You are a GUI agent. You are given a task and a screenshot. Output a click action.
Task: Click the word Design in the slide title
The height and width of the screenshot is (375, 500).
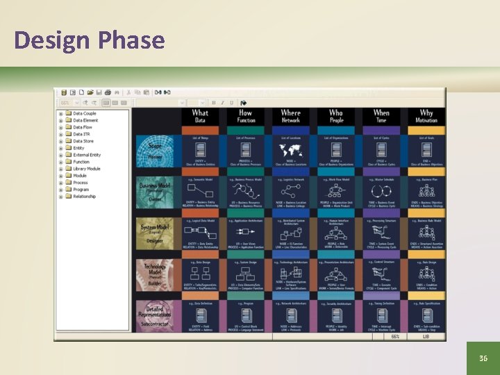[x=53, y=40]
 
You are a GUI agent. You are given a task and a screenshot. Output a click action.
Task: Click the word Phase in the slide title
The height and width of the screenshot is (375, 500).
[x=131, y=40]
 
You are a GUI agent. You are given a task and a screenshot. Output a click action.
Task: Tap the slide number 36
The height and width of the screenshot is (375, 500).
[x=483, y=358]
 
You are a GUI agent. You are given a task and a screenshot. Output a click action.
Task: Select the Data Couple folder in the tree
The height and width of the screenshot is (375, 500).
[x=85, y=113]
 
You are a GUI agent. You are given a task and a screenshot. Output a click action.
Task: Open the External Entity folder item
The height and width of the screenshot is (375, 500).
[x=87, y=155]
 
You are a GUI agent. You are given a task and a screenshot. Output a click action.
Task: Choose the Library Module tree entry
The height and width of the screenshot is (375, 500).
[x=87, y=169]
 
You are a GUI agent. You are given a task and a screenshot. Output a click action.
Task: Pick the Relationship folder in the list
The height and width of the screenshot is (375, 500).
[x=85, y=197]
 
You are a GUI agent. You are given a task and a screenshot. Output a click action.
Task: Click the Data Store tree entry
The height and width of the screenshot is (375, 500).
[x=83, y=141]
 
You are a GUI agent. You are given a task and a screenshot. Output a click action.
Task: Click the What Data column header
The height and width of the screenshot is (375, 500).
[x=199, y=116]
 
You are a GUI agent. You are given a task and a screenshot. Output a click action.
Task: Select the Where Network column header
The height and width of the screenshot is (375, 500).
[x=290, y=116]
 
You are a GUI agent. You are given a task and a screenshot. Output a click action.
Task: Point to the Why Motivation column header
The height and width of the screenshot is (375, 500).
[x=426, y=116]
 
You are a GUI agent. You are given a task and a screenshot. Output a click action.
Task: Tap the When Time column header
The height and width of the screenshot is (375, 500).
[x=381, y=116]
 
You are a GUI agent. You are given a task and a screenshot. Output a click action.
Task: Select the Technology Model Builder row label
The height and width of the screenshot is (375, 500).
[x=154, y=274]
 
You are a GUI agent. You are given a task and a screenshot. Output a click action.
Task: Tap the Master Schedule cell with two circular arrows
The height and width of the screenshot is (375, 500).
[x=381, y=192]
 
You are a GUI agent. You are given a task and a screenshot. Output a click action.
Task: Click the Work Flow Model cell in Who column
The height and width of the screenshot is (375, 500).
[x=336, y=192]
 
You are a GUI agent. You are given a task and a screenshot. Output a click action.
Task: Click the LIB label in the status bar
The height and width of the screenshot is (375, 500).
[x=426, y=336]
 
